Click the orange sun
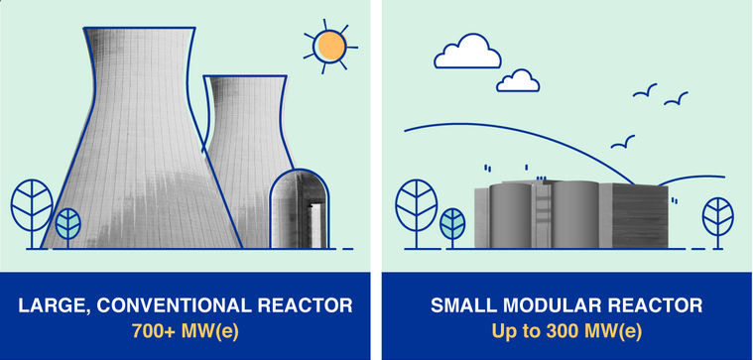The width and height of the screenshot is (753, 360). click(x=328, y=47)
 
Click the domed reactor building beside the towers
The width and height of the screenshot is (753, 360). click(x=300, y=209)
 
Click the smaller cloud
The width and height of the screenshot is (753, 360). click(x=517, y=79)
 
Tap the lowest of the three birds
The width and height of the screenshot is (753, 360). click(x=623, y=143)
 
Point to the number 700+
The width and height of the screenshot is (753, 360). click(x=152, y=331)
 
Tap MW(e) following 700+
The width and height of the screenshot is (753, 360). click(x=212, y=331)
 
